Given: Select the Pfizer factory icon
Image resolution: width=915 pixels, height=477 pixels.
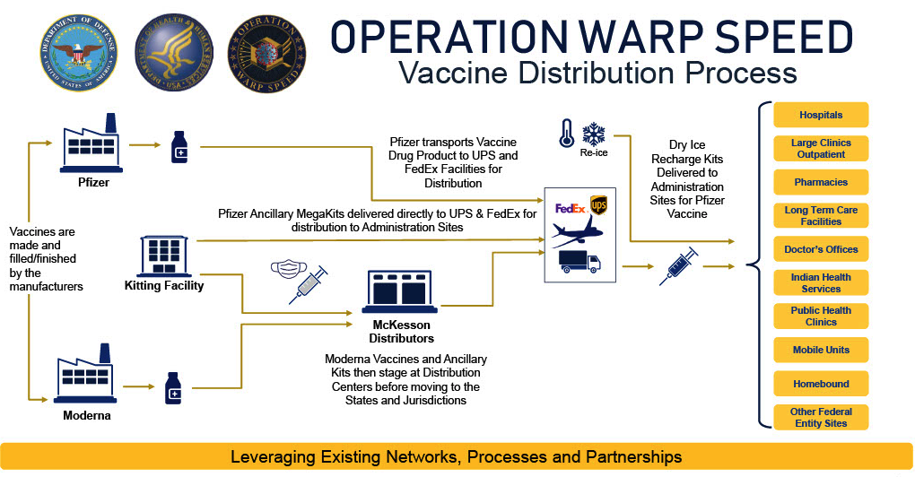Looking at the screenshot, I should coord(93,143).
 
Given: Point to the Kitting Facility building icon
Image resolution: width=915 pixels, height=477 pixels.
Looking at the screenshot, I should coord(163,256).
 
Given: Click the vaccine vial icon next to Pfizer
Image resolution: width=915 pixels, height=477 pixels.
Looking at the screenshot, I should coord(179,146).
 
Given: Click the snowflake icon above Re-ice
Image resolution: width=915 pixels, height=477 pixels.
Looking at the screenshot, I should coord(593,134).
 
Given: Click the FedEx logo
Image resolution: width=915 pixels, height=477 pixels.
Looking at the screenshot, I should coord(571,208).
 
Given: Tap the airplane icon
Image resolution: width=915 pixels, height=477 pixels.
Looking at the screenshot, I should coord(577,235).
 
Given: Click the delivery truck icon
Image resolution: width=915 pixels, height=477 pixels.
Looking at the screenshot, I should coord(579,262).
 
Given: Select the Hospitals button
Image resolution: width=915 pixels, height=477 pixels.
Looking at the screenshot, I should coord(821,115).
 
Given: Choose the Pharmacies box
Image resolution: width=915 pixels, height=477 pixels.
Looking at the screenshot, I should coord(821,182).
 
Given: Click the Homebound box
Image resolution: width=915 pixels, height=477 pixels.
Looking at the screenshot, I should coord(821,384).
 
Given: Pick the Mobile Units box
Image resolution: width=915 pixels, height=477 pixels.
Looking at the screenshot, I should coord(821,350).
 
